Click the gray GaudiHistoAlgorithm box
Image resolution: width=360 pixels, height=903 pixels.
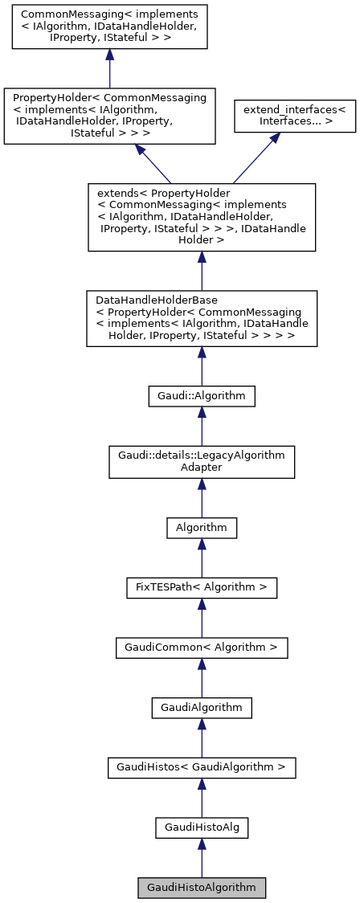click(201, 888)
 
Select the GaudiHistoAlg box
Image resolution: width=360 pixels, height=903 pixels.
click(201, 827)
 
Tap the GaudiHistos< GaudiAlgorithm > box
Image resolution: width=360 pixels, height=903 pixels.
click(201, 767)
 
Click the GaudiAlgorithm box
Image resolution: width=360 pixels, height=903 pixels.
click(201, 707)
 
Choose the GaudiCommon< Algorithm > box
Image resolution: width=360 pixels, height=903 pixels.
click(201, 647)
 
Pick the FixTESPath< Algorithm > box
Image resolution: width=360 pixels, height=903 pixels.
click(201, 587)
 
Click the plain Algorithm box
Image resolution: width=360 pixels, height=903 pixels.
click(201, 528)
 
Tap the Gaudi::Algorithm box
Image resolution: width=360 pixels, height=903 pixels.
click(201, 395)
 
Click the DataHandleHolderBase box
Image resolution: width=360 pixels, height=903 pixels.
click(201, 319)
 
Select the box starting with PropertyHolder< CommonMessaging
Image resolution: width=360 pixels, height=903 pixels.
click(109, 116)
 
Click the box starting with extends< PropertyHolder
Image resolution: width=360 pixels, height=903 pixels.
click(201, 217)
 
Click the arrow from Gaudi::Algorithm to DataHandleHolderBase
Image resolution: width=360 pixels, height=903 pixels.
click(201, 366)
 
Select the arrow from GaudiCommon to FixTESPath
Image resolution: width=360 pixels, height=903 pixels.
click(201, 617)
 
